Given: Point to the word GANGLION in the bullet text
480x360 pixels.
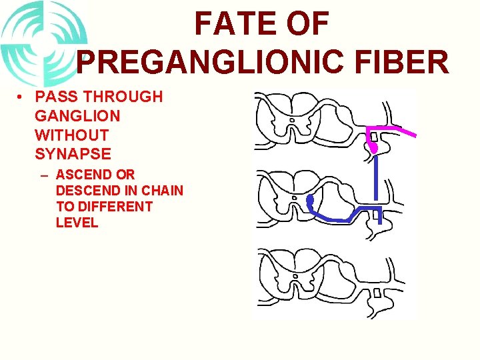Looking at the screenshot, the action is point(77,116).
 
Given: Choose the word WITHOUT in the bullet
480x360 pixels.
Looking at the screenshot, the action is point(73,135).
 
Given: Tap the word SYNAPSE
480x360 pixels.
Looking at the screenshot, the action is point(73,154).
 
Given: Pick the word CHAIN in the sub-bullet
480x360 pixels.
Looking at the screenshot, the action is point(163,191).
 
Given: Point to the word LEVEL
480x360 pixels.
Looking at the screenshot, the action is point(77,223).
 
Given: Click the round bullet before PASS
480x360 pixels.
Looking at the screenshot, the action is point(23,97).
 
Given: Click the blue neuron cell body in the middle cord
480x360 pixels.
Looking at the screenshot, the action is point(309,200).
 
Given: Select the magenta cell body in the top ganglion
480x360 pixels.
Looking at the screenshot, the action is point(374,147).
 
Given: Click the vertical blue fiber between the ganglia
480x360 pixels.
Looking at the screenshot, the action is point(377,177).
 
